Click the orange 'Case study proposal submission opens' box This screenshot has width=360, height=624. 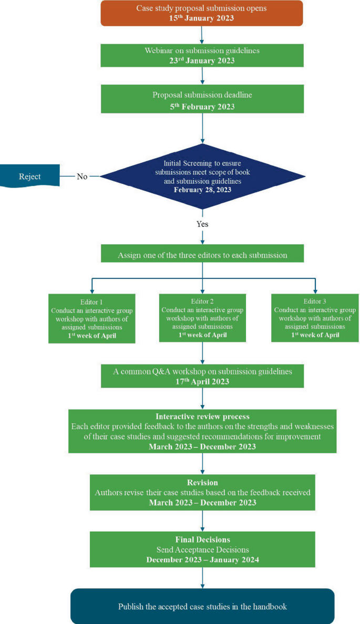click(x=202, y=13)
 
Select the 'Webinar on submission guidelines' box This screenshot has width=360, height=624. click(x=202, y=55)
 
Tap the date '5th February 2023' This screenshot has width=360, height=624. click(x=202, y=107)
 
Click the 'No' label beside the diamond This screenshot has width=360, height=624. click(x=82, y=176)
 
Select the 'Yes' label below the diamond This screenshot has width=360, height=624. click(x=202, y=223)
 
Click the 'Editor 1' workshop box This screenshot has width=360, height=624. click(x=92, y=318)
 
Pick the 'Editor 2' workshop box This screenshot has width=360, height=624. click(x=202, y=318)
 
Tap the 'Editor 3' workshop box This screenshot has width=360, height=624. click(x=315, y=318)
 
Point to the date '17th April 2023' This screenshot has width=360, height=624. click(x=202, y=382)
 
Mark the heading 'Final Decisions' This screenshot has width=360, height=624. click(x=202, y=539)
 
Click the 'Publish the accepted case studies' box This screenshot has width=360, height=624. click(x=202, y=606)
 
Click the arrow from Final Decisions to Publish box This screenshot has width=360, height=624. click(x=202, y=578)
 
